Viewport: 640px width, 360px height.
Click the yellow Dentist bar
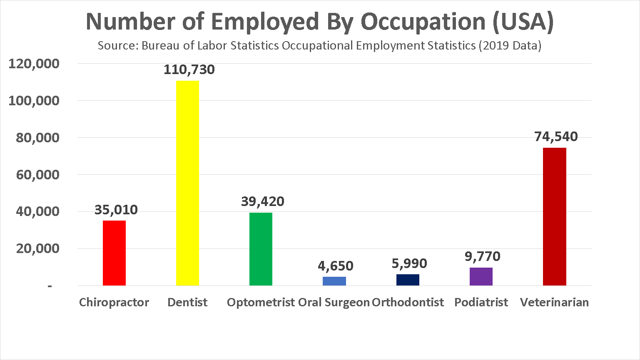(187, 183)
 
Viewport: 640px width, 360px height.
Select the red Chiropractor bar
(114, 253)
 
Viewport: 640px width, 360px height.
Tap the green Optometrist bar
(261, 249)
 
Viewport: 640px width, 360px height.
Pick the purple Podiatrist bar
(481, 276)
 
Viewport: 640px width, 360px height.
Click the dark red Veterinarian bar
(554, 216)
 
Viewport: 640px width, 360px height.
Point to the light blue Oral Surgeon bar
(334, 281)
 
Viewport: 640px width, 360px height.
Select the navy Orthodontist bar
(408, 280)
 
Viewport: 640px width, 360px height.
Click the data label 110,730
(189, 70)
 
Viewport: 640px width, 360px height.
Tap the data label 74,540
(556, 137)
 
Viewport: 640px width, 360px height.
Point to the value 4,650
(335, 266)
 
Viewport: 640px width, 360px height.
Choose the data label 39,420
(262, 201)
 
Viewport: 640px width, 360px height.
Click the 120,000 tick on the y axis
(34, 64)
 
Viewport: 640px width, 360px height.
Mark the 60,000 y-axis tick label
(37, 174)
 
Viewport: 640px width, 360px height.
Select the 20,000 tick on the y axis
(37, 248)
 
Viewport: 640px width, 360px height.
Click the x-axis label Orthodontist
(408, 302)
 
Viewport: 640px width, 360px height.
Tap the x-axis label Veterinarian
(554, 302)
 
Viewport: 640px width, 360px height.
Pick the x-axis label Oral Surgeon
(334, 302)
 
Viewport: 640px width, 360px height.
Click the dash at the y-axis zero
(50, 286)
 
